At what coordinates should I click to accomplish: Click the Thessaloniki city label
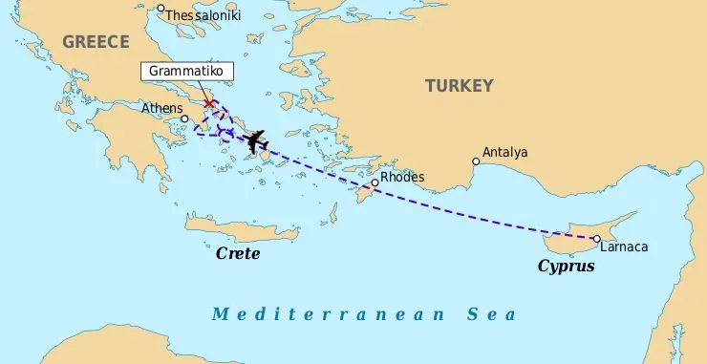click(204, 15)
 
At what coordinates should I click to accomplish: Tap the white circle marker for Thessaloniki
click(161, 9)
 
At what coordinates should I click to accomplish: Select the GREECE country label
click(96, 41)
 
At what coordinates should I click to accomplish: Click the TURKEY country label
click(459, 86)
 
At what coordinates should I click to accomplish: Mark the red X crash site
click(209, 103)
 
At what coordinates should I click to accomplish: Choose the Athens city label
click(161, 108)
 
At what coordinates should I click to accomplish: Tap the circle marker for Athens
click(185, 119)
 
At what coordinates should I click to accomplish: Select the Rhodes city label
click(401, 177)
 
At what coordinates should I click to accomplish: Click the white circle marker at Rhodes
click(375, 182)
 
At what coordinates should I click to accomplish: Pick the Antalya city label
click(504, 152)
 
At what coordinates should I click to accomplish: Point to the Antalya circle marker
click(476, 161)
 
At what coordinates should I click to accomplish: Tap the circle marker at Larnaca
click(596, 239)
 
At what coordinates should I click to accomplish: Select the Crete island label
click(238, 254)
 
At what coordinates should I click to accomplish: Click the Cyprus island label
click(566, 267)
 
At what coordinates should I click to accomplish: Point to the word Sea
click(490, 314)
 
